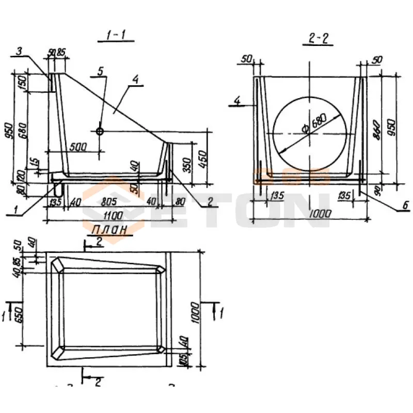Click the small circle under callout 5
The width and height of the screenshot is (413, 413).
tap(100, 131)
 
